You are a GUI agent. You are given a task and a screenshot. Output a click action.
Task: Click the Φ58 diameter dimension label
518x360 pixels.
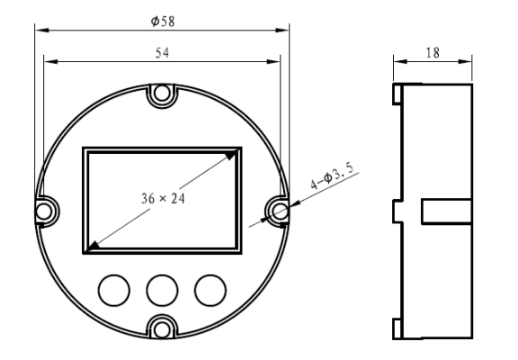(x=163, y=22)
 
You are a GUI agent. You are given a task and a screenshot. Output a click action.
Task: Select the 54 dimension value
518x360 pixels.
(x=162, y=53)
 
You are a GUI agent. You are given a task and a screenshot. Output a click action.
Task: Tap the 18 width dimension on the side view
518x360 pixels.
(x=433, y=53)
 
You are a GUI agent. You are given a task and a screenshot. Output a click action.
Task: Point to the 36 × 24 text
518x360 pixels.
(x=163, y=199)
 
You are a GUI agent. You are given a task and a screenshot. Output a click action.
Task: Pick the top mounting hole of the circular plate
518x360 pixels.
(x=162, y=93)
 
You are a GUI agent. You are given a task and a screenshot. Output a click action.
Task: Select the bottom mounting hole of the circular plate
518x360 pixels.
(x=162, y=329)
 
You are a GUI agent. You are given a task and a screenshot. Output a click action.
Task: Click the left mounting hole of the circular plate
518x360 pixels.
(x=44, y=211)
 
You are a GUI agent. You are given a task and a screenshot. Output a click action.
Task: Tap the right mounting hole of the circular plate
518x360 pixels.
(x=281, y=211)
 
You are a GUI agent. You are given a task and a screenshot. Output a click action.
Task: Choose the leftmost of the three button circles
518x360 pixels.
(x=114, y=290)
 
